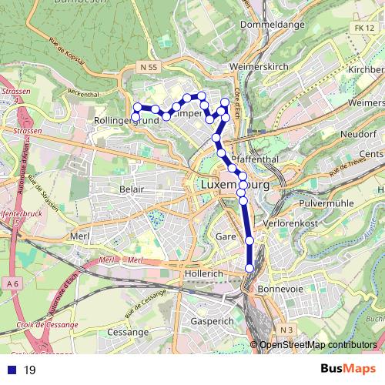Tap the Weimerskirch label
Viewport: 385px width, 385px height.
click(x=259, y=67)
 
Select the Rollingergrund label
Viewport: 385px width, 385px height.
click(x=119, y=121)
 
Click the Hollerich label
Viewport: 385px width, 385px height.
click(x=204, y=273)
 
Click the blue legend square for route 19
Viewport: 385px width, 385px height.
click(x=9, y=370)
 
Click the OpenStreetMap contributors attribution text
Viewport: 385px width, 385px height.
click(x=317, y=345)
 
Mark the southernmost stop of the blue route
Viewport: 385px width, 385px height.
click(x=249, y=267)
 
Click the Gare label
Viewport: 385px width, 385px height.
click(x=225, y=236)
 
